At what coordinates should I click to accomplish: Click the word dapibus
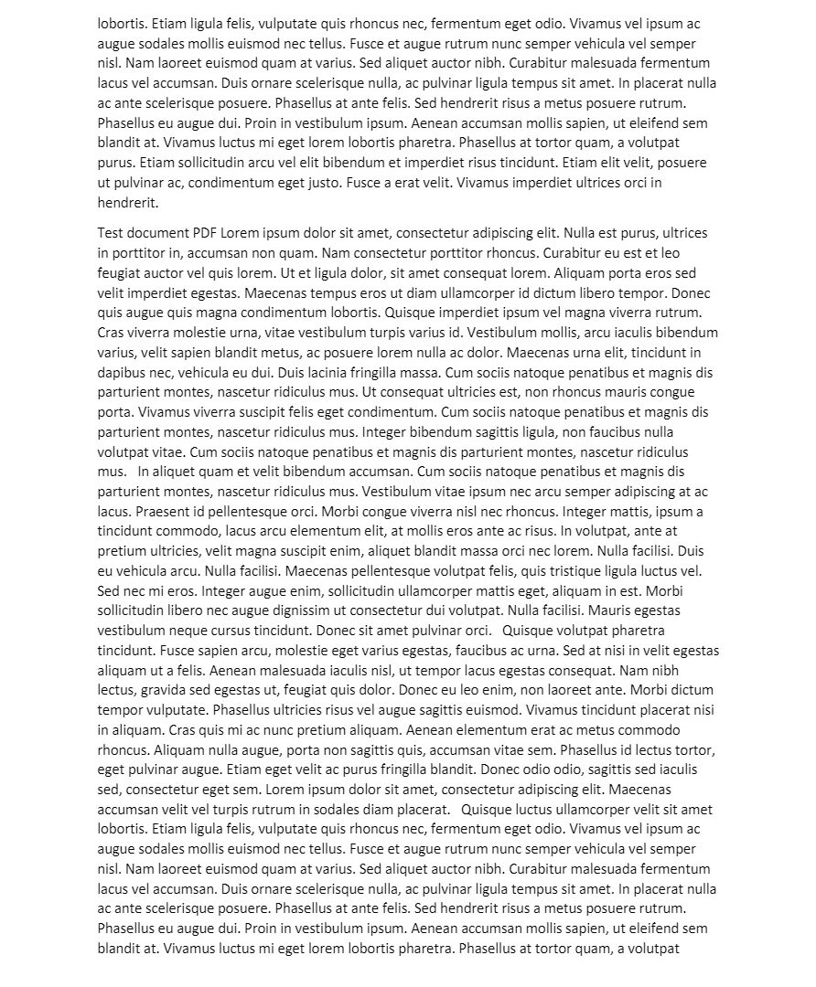(122, 373)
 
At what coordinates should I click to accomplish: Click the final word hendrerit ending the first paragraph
(127, 203)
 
